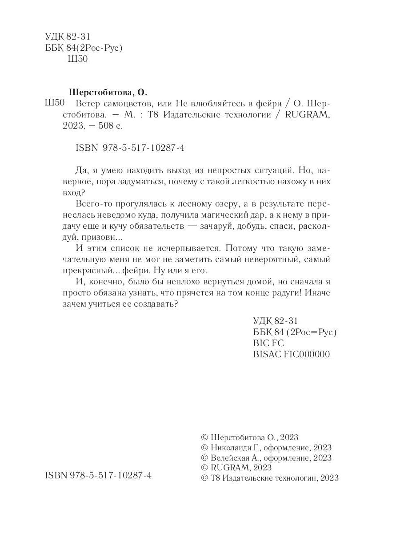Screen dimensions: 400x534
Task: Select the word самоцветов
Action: click(126, 103)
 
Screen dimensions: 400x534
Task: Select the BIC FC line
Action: click(268, 344)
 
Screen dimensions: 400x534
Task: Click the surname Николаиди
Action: click(231, 447)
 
